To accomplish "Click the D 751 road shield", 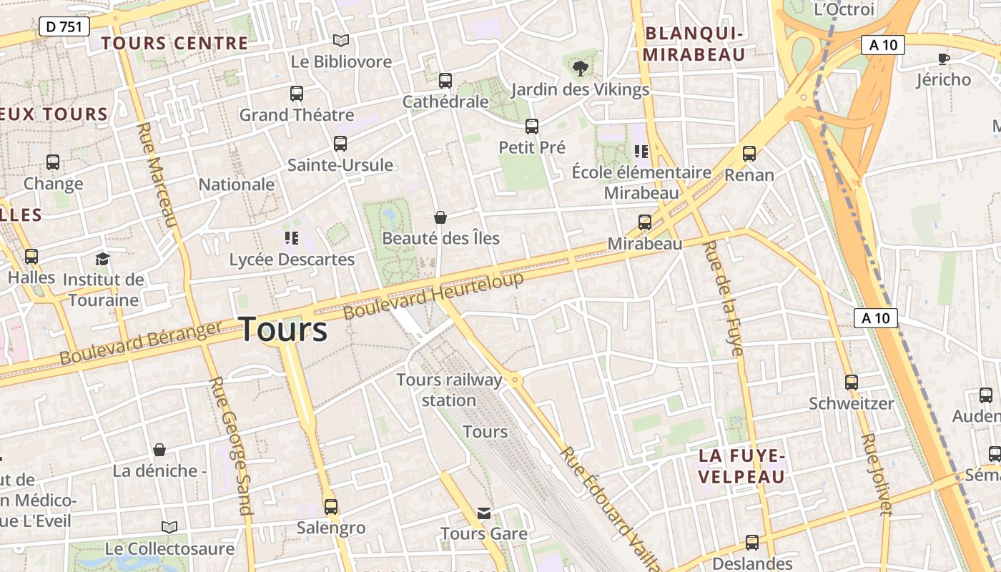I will [x=64, y=27].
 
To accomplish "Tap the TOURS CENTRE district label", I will [x=174, y=43].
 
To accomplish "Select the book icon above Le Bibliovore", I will [x=341, y=41].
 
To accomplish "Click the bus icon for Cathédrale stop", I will [x=445, y=80].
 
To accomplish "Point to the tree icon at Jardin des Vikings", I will [x=580, y=68].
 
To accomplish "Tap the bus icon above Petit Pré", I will [x=532, y=127].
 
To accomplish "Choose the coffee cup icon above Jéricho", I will [x=944, y=59].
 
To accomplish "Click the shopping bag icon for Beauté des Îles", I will [x=440, y=217].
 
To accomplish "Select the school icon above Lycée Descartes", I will [x=291, y=237].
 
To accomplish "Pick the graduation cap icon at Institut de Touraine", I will [x=103, y=258].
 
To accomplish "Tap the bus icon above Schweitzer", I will [x=851, y=382].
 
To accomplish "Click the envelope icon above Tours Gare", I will [x=484, y=513].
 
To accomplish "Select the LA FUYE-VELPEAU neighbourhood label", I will [x=741, y=466].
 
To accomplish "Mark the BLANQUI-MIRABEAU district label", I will [x=694, y=44].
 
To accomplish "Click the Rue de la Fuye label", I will [x=724, y=298].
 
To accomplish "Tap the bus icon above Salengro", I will [x=331, y=507].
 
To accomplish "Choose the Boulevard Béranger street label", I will [x=141, y=343].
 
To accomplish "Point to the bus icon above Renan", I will [x=749, y=154].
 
